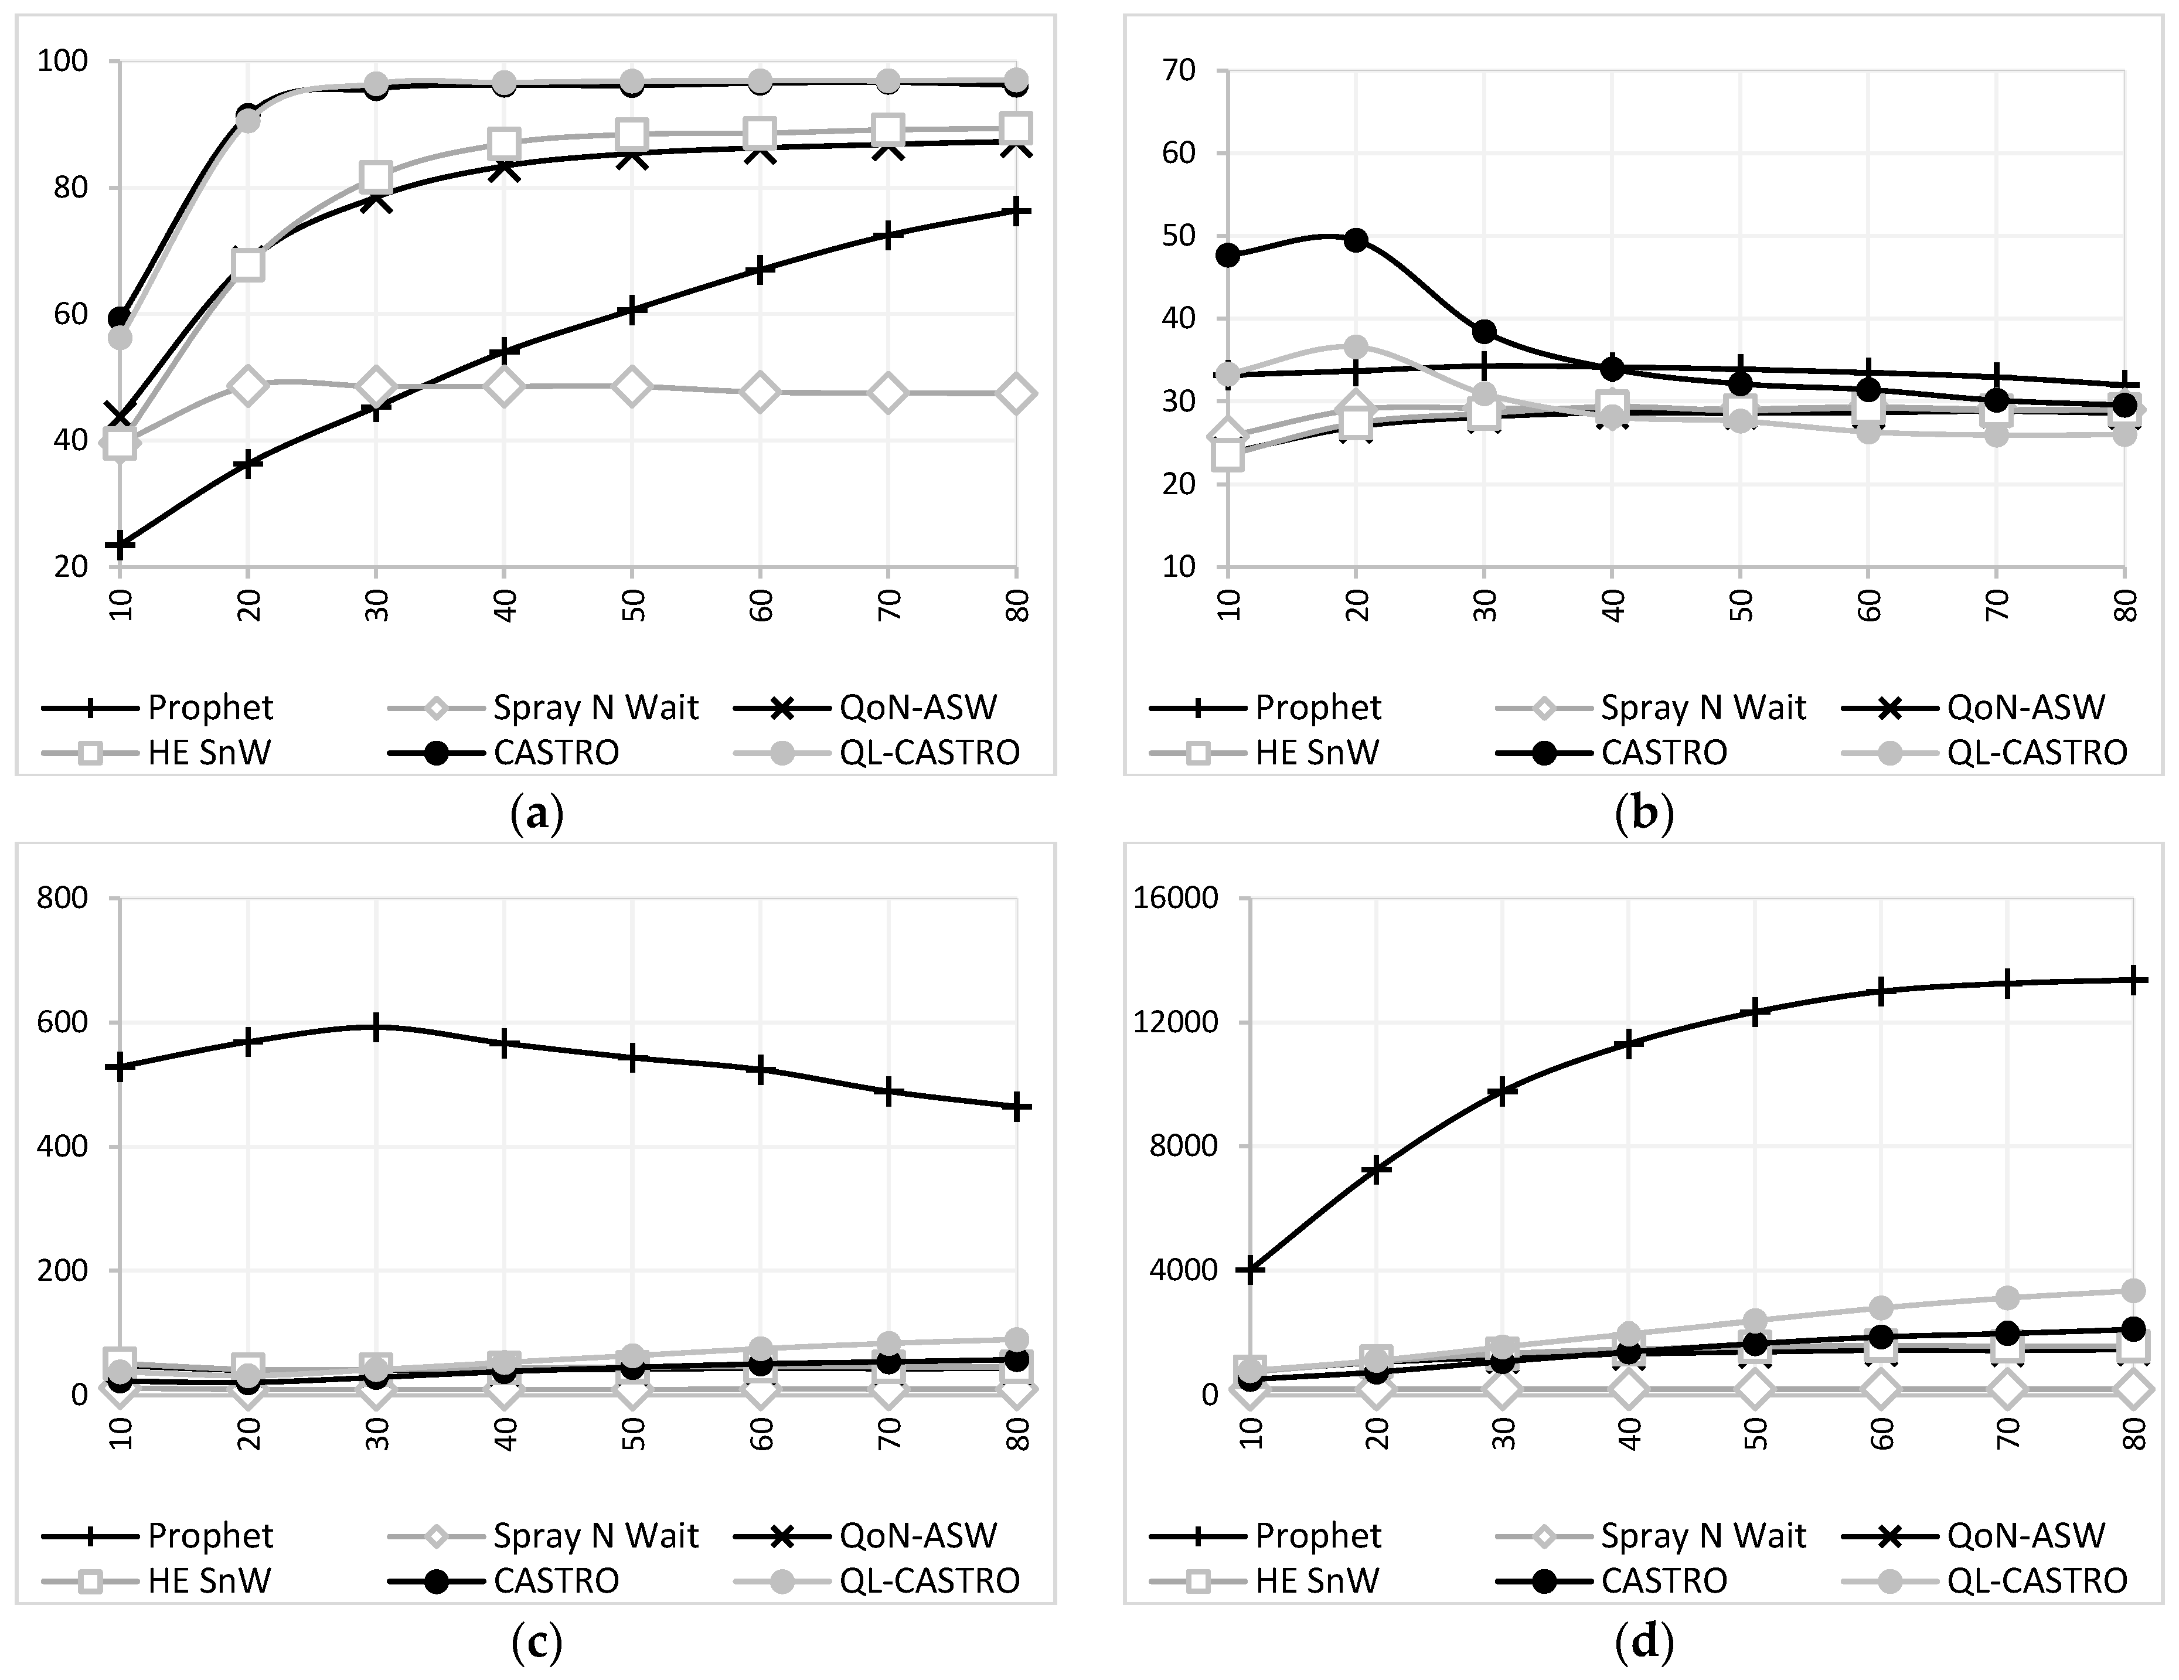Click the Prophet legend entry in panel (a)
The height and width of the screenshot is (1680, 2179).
coord(158,708)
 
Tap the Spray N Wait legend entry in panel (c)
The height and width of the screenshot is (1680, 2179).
coord(544,1535)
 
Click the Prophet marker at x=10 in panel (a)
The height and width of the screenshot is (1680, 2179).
coord(121,546)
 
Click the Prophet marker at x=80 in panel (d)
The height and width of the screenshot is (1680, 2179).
coord(2134,980)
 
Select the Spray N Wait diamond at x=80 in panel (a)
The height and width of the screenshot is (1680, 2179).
coord(1016,393)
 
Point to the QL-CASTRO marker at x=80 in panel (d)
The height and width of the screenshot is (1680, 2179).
coord(2134,1291)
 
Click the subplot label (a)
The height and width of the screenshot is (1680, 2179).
coord(537,815)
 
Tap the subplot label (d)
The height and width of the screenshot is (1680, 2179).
coord(1645,1642)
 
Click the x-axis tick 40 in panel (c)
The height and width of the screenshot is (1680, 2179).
coord(505,1433)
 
